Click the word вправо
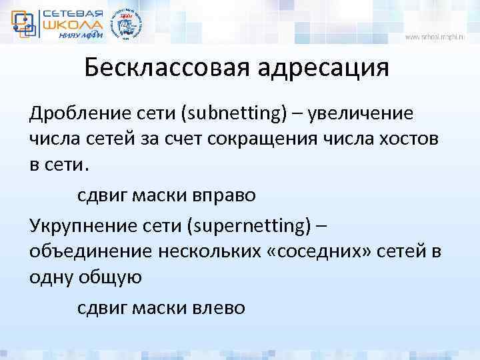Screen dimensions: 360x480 (x=217, y=196)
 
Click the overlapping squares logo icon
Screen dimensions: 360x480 (x=24, y=23)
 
